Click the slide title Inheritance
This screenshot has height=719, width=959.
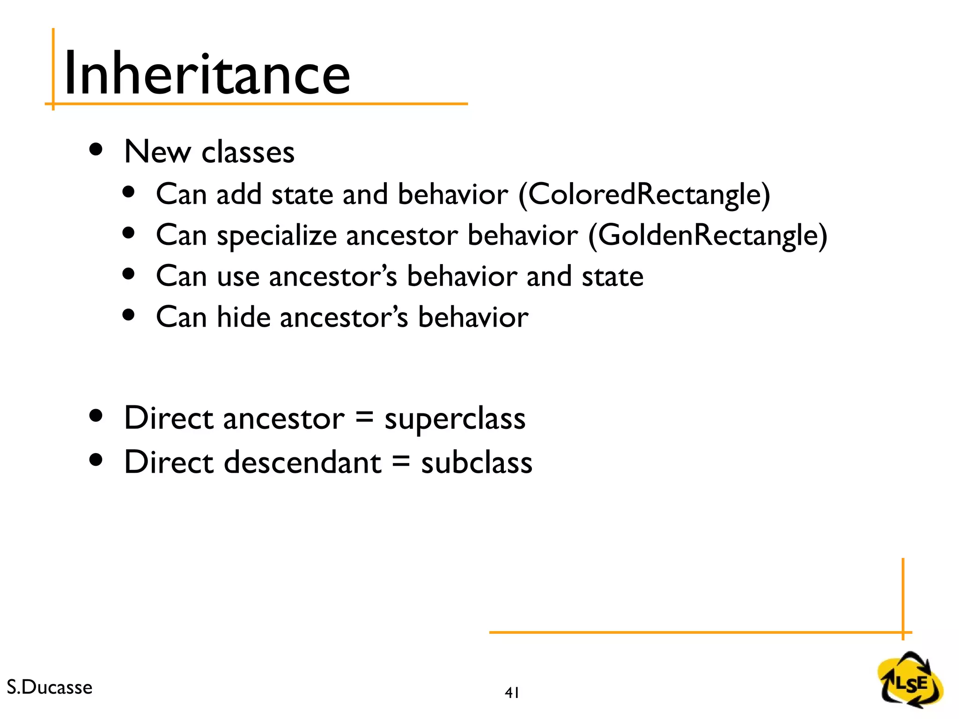(207, 74)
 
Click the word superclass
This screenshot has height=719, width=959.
(455, 418)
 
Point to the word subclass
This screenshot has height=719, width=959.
(476, 462)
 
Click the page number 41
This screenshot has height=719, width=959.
(512, 692)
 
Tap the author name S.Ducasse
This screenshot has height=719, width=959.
(50, 687)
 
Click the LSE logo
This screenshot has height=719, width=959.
(910, 679)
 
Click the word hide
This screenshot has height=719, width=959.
(243, 317)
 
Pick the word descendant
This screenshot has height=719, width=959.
(302, 462)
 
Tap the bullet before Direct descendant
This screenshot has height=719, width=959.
(96, 460)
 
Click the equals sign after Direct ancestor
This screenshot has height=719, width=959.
(364, 417)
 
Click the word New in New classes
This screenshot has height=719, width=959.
(157, 152)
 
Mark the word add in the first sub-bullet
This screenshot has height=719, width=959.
(238, 194)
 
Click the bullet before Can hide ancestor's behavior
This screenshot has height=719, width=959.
(128, 315)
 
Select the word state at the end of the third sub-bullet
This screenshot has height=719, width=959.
(612, 276)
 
